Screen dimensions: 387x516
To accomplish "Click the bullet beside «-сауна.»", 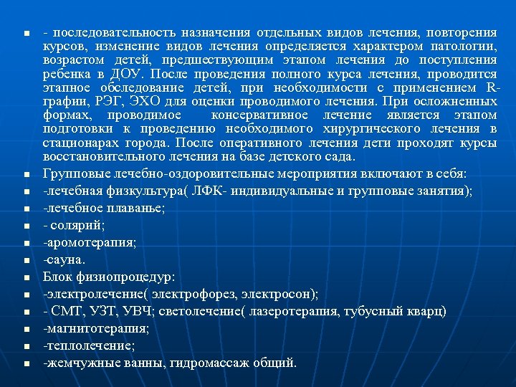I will click(25, 259).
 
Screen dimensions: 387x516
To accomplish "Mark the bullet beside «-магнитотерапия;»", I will click(25, 329).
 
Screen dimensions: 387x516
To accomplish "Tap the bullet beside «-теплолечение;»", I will click(25, 346).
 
